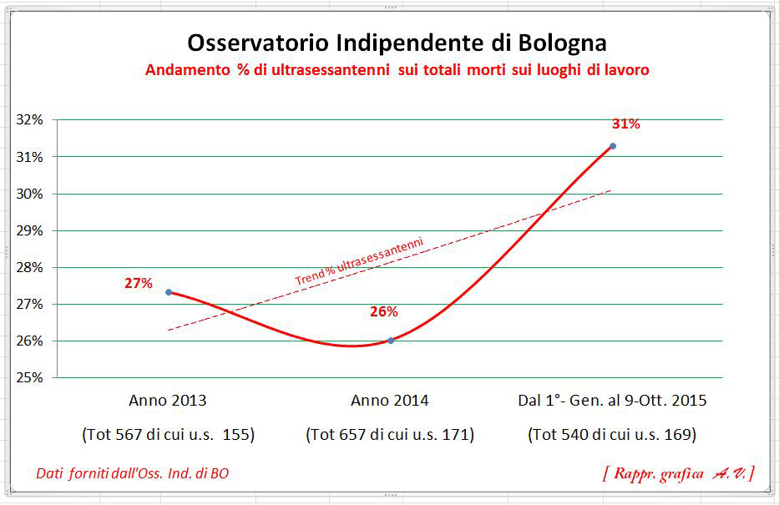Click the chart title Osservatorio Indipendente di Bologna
pyautogui.click(x=397, y=43)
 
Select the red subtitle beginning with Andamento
pyautogui.click(x=397, y=71)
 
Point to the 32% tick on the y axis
pyautogui.click(x=30, y=119)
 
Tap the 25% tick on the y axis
pyautogui.click(x=30, y=377)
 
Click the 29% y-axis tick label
pyautogui.click(x=30, y=230)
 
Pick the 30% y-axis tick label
pyautogui.click(x=30, y=194)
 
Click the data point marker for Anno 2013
pyautogui.click(x=169, y=292)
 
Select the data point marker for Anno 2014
pyautogui.click(x=391, y=341)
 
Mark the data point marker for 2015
pyautogui.click(x=613, y=146)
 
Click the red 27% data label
pyautogui.click(x=139, y=283)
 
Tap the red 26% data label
pyautogui.click(x=384, y=312)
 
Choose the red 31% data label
pyautogui.click(x=625, y=124)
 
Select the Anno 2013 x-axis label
pyautogui.click(x=168, y=401)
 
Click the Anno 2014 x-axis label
pyautogui.click(x=390, y=401)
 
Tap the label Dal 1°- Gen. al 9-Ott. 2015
pyautogui.click(x=612, y=401)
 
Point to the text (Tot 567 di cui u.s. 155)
pyautogui.click(x=168, y=435)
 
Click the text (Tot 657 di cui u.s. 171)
pyautogui.click(x=390, y=435)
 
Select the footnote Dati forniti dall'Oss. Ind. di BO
pyautogui.click(x=133, y=473)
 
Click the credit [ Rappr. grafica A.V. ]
pyautogui.click(x=678, y=473)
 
